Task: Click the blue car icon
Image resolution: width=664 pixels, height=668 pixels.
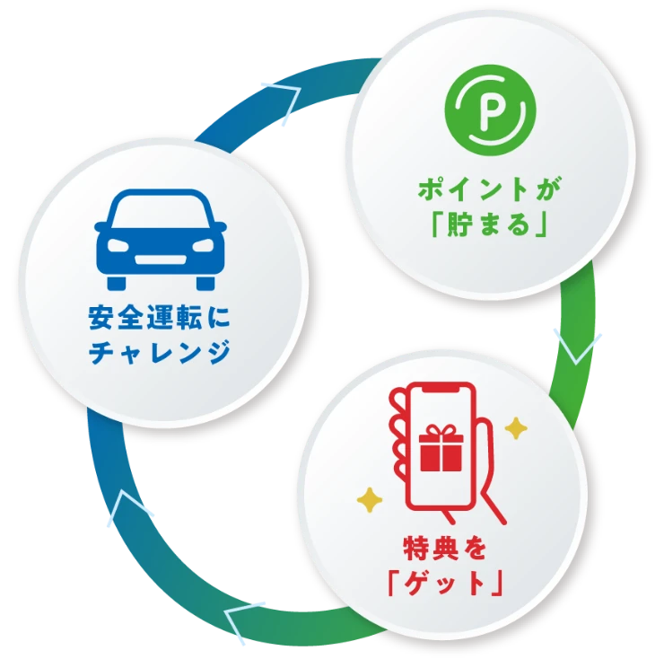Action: (161, 239)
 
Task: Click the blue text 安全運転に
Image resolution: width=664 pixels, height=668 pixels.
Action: (160, 319)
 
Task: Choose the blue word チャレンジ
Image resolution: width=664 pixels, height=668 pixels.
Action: (160, 353)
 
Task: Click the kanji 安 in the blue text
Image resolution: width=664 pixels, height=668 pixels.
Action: (101, 319)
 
